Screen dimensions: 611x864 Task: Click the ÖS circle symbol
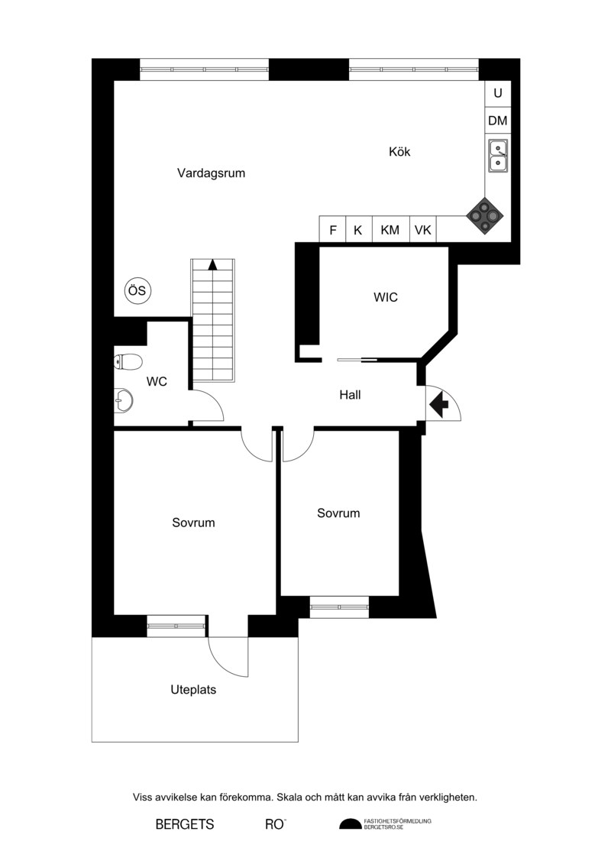[x=137, y=290]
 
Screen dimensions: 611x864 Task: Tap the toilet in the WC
[x=128, y=361]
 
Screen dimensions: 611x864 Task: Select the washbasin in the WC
[x=124, y=400]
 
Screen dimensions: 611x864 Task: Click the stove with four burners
[x=485, y=216]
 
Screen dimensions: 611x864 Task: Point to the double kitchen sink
[x=498, y=155]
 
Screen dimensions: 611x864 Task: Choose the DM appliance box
[x=498, y=120]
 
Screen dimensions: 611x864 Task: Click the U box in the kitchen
[x=498, y=94]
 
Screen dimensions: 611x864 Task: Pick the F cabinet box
[x=333, y=229]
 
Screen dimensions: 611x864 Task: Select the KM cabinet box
[x=390, y=229]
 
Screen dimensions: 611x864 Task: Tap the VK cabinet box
[x=423, y=229]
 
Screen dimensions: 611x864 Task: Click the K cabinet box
[x=359, y=229]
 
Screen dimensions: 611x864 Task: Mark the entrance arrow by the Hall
[x=439, y=405]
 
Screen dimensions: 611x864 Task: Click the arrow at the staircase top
[x=212, y=264]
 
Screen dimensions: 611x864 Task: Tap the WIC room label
[x=386, y=298]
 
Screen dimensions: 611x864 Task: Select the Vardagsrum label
[x=211, y=173]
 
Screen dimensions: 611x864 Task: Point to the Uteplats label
[x=193, y=690]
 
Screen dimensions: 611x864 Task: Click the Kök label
[x=399, y=151]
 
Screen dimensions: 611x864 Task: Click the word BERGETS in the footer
[x=185, y=824]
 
